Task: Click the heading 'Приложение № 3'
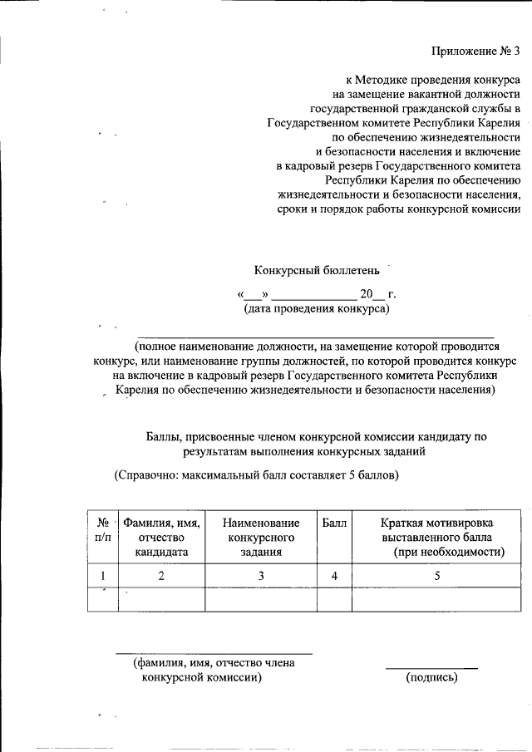pyautogui.click(x=475, y=52)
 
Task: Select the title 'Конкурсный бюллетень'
pyautogui.click(x=316, y=270)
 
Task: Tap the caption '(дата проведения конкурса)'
pyautogui.click(x=316, y=309)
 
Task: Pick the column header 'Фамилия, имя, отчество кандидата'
pyautogui.click(x=161, y=537)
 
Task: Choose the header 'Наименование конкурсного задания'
pyautogui.click(x=260, y=537)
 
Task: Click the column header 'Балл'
pyautogui.click(x=334, y=523)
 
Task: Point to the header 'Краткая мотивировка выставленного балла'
pyautogui.click(x=437, y=537)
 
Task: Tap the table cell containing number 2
pyautogui.click(x=161, y=575)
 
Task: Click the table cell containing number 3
pyautogui.click(x=260, y=575)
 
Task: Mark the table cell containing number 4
pyautogui.click(x=334, y=575)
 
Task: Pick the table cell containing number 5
pyautogui.click(x=437, y=575)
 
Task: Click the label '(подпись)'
pyautogui.click(x=431, y=678)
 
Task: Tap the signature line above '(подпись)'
pyautogui.click(x=431, y=668)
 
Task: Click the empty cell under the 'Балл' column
pyautogui.click(x=334, y=599)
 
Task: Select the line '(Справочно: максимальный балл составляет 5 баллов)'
pyautogui.click(x=256, y=476)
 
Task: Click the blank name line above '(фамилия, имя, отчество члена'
pyautogui.click(x=214, y=654)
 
